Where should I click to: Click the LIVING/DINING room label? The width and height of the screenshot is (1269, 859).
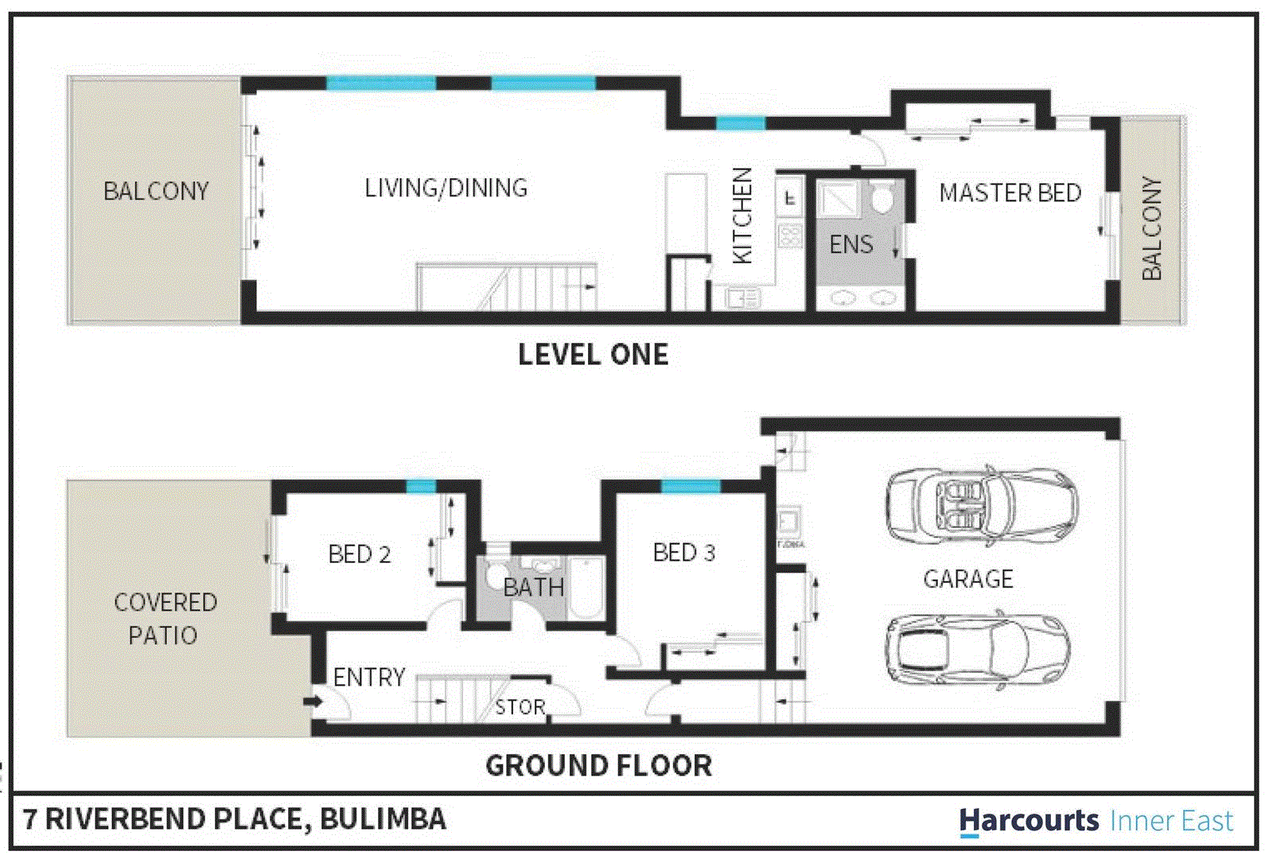(446, 189)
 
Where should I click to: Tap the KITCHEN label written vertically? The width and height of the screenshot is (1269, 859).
(742, 216)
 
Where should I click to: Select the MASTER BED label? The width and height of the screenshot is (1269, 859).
(1010, 193)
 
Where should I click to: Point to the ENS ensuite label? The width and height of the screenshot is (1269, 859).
(851, 245)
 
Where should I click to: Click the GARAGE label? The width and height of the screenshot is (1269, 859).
(967, 579)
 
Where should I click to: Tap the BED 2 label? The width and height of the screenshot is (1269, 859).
(360, 554)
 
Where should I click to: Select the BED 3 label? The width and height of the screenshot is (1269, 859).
(683, 553)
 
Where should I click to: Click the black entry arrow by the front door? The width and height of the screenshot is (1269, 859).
(313, 702)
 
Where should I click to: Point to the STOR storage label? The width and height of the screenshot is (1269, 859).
(520, 707)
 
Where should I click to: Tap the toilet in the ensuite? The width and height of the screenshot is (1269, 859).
(881, 198)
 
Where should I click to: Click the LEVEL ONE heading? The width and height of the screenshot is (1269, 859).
(593, 355)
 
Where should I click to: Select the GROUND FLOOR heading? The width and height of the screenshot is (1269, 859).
(598, 766)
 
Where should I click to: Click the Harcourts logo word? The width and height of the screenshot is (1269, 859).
(1028, 821)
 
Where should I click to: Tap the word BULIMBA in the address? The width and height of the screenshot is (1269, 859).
(383, 819)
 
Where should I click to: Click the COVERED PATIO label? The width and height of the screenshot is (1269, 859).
(164, 619)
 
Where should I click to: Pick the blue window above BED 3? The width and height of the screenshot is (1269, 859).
(690, 486)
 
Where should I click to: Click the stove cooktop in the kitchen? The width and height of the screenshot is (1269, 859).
(789, 235)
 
